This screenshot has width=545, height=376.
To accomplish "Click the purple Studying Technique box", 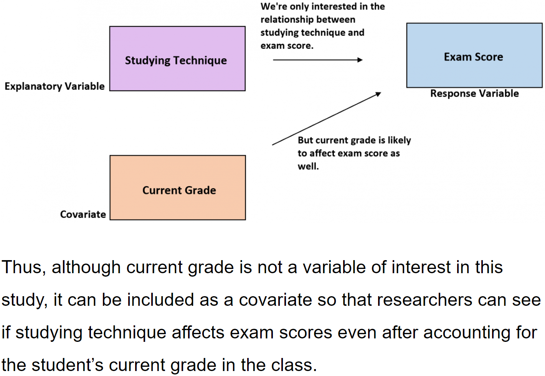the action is click(177, 59).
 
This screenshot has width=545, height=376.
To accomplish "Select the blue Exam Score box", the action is click(474, 56).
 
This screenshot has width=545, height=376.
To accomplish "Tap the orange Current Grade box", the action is click(178, 188).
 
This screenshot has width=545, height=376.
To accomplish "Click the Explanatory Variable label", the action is click(54, 86).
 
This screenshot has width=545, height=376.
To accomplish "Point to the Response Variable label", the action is click(474, 94).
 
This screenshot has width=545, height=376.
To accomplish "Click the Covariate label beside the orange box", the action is click(83, 214).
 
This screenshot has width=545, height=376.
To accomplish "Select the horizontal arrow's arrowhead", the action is click(360, 60).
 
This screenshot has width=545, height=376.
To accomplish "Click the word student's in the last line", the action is click(68, 365).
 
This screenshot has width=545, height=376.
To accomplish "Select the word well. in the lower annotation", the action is click(308, 167).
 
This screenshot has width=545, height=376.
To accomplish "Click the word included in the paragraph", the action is click(160, 300).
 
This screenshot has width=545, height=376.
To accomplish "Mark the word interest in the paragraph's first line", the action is click(421, 267).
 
